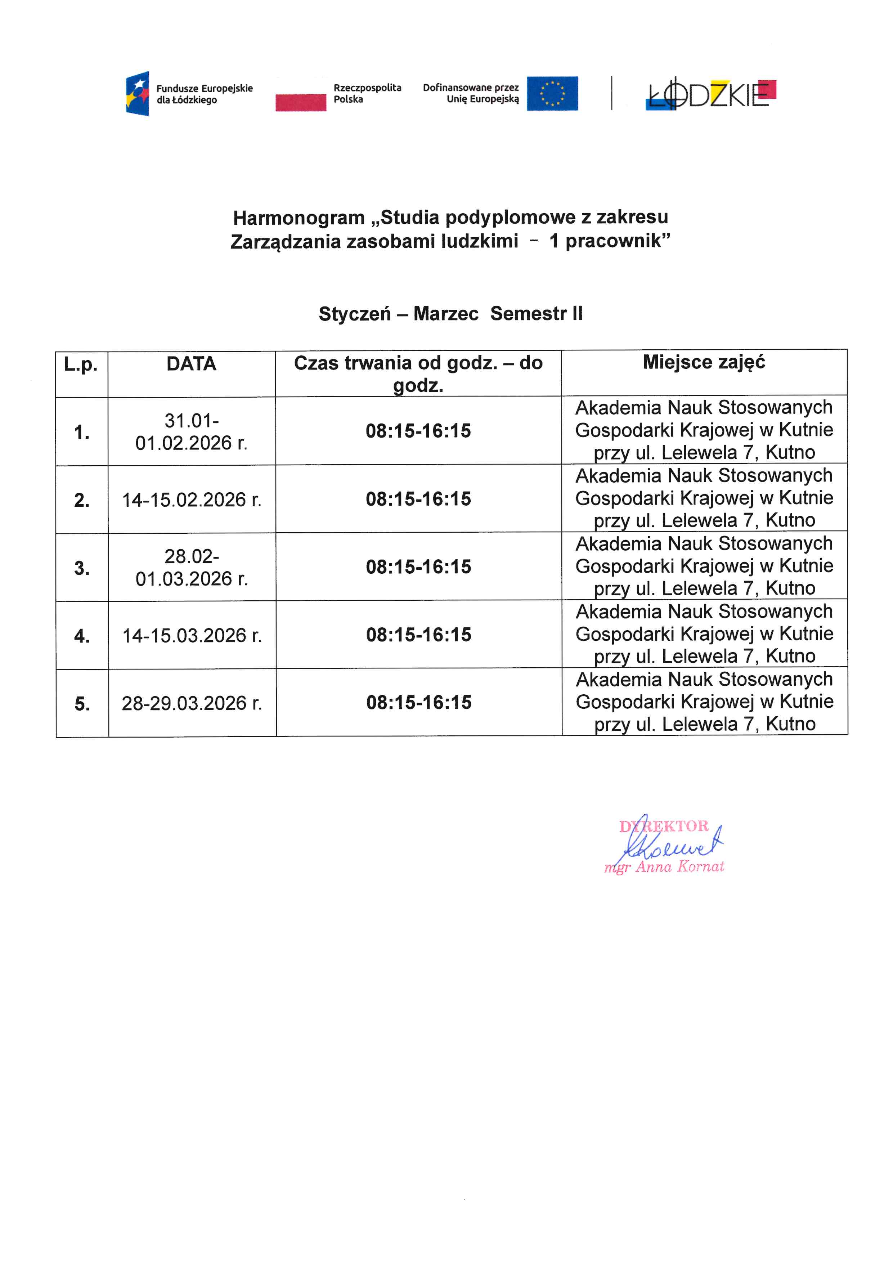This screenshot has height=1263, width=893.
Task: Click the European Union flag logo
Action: (552, 94)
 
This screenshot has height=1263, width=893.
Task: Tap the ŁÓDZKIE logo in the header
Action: (710, 95)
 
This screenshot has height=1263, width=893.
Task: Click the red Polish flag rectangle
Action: (301, 102)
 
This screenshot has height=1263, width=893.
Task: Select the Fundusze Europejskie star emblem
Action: (138, 94)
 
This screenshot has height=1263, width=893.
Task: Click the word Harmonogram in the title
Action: (299, 218)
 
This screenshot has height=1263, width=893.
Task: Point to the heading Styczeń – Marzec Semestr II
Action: (450, 314)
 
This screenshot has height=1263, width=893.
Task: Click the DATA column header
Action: (191, 364)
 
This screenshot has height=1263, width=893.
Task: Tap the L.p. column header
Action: (81, 364)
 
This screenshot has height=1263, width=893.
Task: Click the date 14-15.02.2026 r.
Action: (191, 500)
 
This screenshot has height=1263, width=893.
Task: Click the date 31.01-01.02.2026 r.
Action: (191, 432)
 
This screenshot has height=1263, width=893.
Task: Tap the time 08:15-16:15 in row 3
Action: (418, 567)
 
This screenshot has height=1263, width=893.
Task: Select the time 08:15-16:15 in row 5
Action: (419, 703)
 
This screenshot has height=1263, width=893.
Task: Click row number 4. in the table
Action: (82, 636)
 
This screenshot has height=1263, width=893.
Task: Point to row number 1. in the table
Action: (82, 433)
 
